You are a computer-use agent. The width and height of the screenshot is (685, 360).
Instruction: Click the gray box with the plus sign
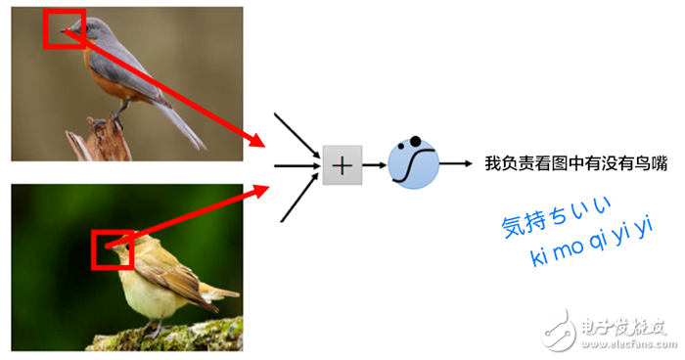coord(342,166)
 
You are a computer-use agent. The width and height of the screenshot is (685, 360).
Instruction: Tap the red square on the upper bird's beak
coord(65,29)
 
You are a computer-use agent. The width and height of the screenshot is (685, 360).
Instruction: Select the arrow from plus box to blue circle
coord(374,166)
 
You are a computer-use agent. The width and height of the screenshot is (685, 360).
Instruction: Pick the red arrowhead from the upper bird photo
coord(256,141)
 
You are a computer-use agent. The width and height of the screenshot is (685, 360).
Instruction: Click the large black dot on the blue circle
coord(415,140)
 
